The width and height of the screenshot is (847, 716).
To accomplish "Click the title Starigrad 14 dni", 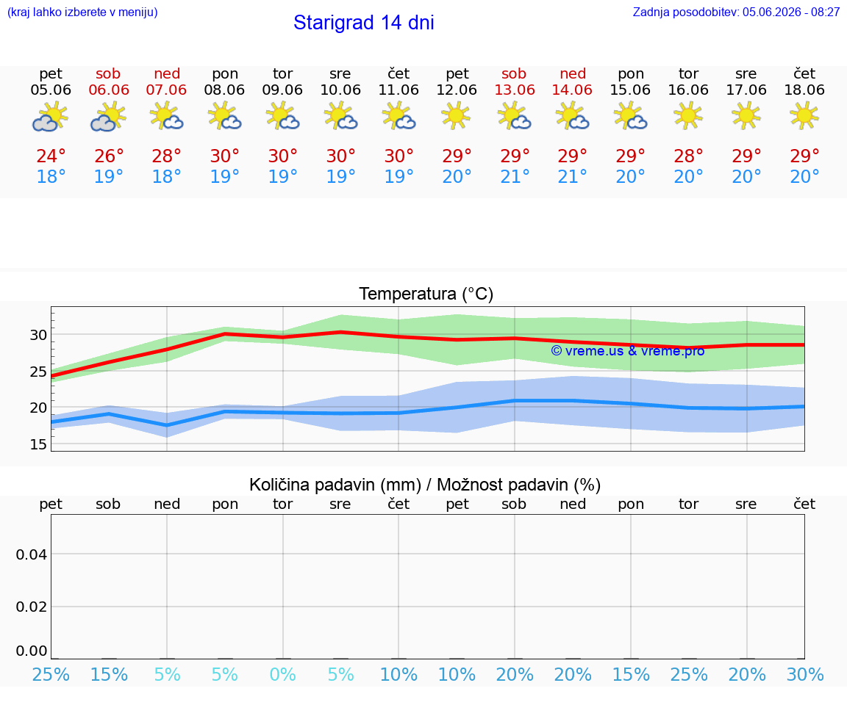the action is point(363,23).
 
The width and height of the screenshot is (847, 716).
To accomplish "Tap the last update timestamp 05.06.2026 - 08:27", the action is point(791,12).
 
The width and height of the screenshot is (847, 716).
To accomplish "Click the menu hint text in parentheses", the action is point(82,12).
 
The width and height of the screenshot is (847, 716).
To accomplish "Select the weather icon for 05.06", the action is point(50,117).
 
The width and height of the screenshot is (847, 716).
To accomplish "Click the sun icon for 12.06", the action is point(457,116).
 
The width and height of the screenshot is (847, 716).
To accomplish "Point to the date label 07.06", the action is point(166,90).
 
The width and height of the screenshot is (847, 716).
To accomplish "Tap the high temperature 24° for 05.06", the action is point(51,156).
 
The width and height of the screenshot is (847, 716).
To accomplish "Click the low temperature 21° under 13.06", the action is point(515,176).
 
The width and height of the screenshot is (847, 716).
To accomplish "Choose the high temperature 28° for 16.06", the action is point(688,156).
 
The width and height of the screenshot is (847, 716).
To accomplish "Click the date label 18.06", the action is point(804,90).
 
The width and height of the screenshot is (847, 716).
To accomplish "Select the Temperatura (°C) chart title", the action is point(426,294).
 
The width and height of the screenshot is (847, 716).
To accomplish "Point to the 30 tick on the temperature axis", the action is point(38,335).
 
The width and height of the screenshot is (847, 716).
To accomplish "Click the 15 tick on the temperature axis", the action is point(38,444).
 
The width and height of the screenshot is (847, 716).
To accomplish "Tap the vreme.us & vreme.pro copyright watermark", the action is point(628,351).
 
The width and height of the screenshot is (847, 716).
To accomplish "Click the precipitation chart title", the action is point(425,485).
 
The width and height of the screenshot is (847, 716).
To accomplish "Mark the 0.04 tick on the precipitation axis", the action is point(32,554).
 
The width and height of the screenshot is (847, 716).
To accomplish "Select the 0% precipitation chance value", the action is point(282,674).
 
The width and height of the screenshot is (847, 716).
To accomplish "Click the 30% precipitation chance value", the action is point(805,674).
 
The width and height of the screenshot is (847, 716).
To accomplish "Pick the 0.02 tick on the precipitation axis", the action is point(32,607).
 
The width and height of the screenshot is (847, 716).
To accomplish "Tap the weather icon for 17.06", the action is point(746,116).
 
